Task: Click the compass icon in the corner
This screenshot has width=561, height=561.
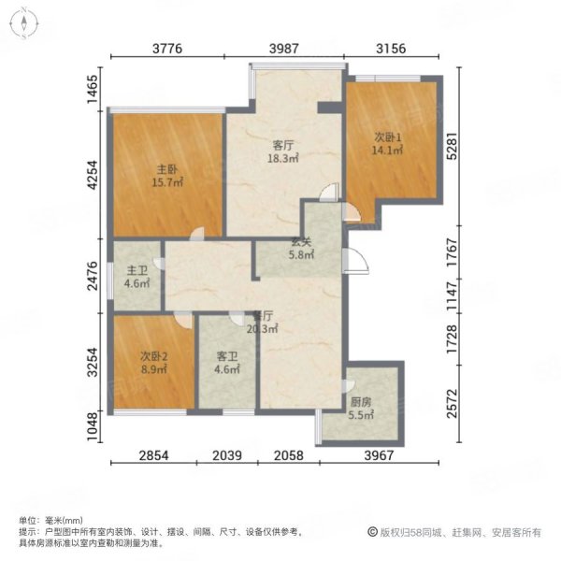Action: [x=24, y=24]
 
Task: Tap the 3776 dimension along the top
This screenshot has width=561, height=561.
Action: [x=167, y=49]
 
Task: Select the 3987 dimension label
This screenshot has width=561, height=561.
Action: [x=284, y=49]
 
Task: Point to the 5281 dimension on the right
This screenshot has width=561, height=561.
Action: [x=453, y=146]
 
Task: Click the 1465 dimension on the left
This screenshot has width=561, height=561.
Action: [x=93, y=89]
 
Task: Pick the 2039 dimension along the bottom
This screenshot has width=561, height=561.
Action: [x=227, y=455]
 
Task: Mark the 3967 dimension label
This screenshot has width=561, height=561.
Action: [x=380, y=455]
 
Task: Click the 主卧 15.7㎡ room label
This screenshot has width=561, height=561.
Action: [x=167, y=176]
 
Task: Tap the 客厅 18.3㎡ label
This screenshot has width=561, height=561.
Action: [x=283, y=151]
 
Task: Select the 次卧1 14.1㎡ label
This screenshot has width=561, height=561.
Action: [x=387, y=143]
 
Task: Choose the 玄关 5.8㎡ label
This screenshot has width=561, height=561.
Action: [x=301, y=249]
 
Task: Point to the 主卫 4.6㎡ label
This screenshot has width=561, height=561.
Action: [x=137, y=277]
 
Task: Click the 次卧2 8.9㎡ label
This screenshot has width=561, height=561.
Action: [x=154, y=363]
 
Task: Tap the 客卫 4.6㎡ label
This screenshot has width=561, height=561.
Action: [x=227, y=363]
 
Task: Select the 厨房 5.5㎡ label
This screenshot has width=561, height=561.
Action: [x=361, y=409]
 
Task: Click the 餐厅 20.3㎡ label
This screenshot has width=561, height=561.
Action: [x=263, y=322]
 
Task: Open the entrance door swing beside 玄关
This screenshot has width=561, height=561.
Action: [x=355, y=261]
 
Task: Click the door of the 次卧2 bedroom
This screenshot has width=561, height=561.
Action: [x=183, y=320]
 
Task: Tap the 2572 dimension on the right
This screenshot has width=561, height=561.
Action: [x=453, y=403]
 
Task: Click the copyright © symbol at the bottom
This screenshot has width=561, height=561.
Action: [x=372, y=532]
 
